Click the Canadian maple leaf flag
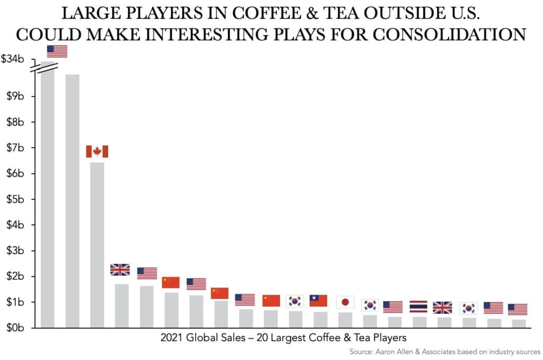click(97, 152)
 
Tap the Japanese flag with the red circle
click(345, 302)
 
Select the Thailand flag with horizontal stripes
click(418, 306)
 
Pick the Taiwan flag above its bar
click(318, 301)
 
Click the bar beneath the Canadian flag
click(97, 244)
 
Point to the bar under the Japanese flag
click(345, 320)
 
